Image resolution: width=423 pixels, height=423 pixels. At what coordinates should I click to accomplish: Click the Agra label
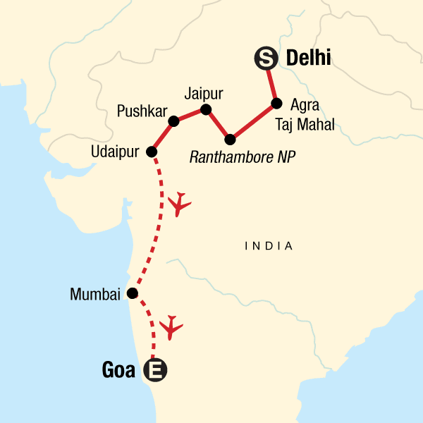point(305,105)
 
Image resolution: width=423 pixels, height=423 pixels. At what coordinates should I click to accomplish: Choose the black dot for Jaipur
point(206,109)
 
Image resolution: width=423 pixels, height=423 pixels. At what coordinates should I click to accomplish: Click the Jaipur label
point(203,92)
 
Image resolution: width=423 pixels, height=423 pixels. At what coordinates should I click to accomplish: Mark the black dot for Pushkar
point(174,122)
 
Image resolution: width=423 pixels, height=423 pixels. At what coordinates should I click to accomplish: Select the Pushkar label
point(142,112)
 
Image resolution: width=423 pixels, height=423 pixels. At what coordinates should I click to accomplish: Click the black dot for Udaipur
point(151,152)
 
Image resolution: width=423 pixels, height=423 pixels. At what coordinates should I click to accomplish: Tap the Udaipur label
point(115,152)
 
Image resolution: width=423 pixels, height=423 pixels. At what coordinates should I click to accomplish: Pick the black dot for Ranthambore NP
point(230,137)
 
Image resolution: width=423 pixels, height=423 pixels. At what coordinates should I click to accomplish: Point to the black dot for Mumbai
point(131,293)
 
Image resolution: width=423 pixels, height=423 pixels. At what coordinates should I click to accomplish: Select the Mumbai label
point(95,294)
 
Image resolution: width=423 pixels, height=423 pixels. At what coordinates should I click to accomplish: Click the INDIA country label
point(268,246)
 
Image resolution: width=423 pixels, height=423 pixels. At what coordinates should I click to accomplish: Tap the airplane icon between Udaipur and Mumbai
point(180,204)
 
